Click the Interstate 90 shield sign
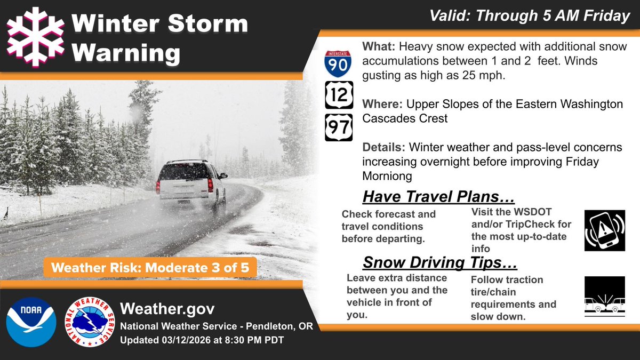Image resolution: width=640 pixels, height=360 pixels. [x=338, y=63]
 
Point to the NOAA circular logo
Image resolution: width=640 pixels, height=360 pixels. [x=31, y=322]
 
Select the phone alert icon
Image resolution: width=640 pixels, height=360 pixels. [x=604, y=230]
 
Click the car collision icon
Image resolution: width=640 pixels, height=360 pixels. [x=604, y=297]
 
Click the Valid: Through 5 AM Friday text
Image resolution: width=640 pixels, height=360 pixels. [x=530, y=17]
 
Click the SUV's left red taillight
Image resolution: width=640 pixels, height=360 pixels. [x=158, y=187]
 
